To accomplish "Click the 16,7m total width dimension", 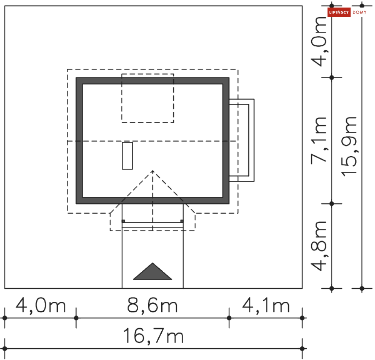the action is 153,336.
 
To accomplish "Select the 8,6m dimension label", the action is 152,305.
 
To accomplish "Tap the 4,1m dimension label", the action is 266,305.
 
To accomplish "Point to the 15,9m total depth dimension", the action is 349,146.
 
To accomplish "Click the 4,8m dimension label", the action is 319,246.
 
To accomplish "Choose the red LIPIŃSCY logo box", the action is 339,12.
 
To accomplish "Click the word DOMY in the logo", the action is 360,12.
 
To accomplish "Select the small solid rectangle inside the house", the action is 127,156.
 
